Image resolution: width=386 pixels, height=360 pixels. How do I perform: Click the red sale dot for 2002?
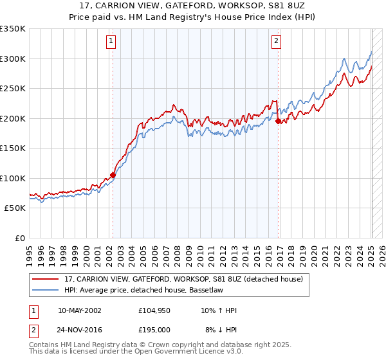click(113, 174)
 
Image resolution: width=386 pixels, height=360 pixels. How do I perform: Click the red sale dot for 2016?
click(278, 121)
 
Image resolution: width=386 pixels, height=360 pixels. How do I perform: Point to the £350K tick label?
click(13, 29)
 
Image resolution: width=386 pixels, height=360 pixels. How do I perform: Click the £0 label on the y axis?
click(21, 238)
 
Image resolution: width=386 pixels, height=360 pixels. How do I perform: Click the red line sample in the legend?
click(46, 278)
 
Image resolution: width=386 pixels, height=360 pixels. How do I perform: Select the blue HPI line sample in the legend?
click(46, 291)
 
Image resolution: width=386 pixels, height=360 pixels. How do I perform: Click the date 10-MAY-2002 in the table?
click(79, 310)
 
